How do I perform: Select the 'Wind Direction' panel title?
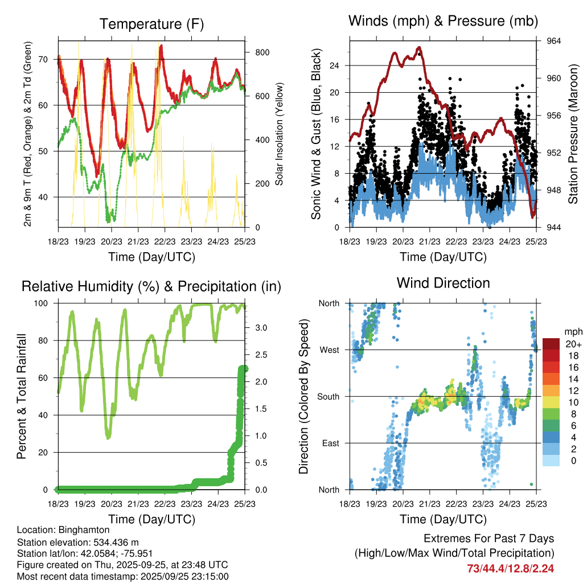[x=443, y=283]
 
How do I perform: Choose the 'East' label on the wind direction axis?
[x=330, y=443]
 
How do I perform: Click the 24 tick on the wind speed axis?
[x=334, y=65]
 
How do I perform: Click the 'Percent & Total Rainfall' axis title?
[x=21, y=396]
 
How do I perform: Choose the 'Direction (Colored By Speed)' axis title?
[x=303, y=396]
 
